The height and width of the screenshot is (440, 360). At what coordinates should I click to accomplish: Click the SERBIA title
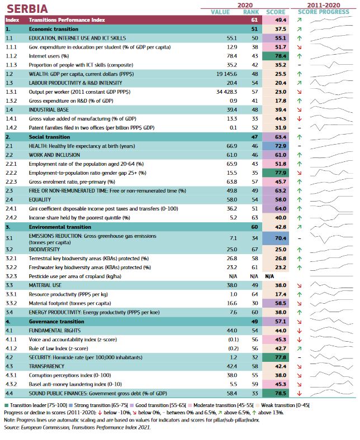[27, 9]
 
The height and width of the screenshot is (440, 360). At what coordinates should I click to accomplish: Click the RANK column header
[251, 12]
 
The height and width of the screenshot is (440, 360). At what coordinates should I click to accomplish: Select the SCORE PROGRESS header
[324, 12]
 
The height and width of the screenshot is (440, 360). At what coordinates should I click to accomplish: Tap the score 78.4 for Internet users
[281, 56]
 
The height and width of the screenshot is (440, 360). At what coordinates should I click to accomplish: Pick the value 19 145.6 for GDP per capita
[226, 74]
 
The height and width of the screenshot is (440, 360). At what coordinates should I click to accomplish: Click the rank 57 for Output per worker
[255, 92]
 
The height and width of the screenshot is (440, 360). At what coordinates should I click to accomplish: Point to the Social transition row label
[49, 137]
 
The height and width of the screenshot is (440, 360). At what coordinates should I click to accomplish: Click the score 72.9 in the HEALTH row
[281, 146]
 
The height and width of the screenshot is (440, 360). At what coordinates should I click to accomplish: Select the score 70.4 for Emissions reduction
[281, 238]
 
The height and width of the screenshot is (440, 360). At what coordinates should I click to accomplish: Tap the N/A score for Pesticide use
[269, 276]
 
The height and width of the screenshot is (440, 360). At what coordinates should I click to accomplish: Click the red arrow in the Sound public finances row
[299, 394]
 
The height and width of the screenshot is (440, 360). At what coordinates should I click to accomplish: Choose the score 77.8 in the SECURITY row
[281, 357]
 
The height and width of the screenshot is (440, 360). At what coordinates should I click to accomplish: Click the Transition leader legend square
[6, 405]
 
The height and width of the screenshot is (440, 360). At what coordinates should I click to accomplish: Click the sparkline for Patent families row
[331, 127]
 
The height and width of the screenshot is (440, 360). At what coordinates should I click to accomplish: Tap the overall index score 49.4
[281, 20]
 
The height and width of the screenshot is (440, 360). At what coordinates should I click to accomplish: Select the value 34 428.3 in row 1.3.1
[226, 92]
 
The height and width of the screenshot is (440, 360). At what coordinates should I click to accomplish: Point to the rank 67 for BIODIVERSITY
[255, 250]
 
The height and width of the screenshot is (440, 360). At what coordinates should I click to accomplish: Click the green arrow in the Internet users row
[299, 56]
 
